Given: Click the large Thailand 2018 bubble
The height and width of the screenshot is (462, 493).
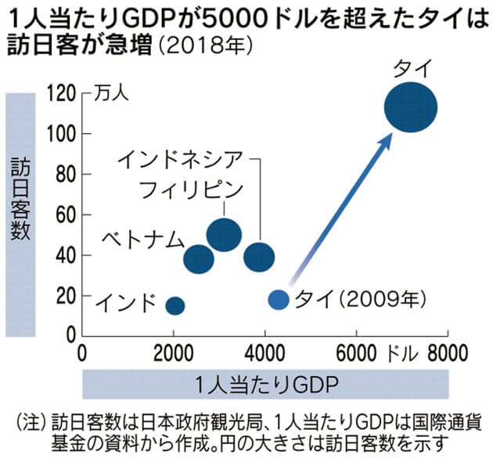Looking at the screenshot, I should pos(411,108).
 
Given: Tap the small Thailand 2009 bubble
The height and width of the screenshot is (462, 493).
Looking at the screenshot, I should pos(279,299).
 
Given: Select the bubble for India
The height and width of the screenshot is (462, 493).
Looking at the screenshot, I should pos(175,305).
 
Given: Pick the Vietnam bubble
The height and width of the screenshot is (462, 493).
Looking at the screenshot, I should pos(199,258).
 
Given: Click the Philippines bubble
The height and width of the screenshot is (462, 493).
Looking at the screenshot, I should pos(224,233).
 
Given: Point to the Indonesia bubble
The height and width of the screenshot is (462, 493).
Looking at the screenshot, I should pos(259,256).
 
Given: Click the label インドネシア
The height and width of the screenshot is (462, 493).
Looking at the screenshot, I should pos(185,159).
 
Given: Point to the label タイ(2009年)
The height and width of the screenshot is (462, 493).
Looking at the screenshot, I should pos(361,299).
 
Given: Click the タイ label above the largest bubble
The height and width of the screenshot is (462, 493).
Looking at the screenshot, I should pos(411,70).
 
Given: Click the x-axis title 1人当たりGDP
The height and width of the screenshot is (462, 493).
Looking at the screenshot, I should pos(266,384).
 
